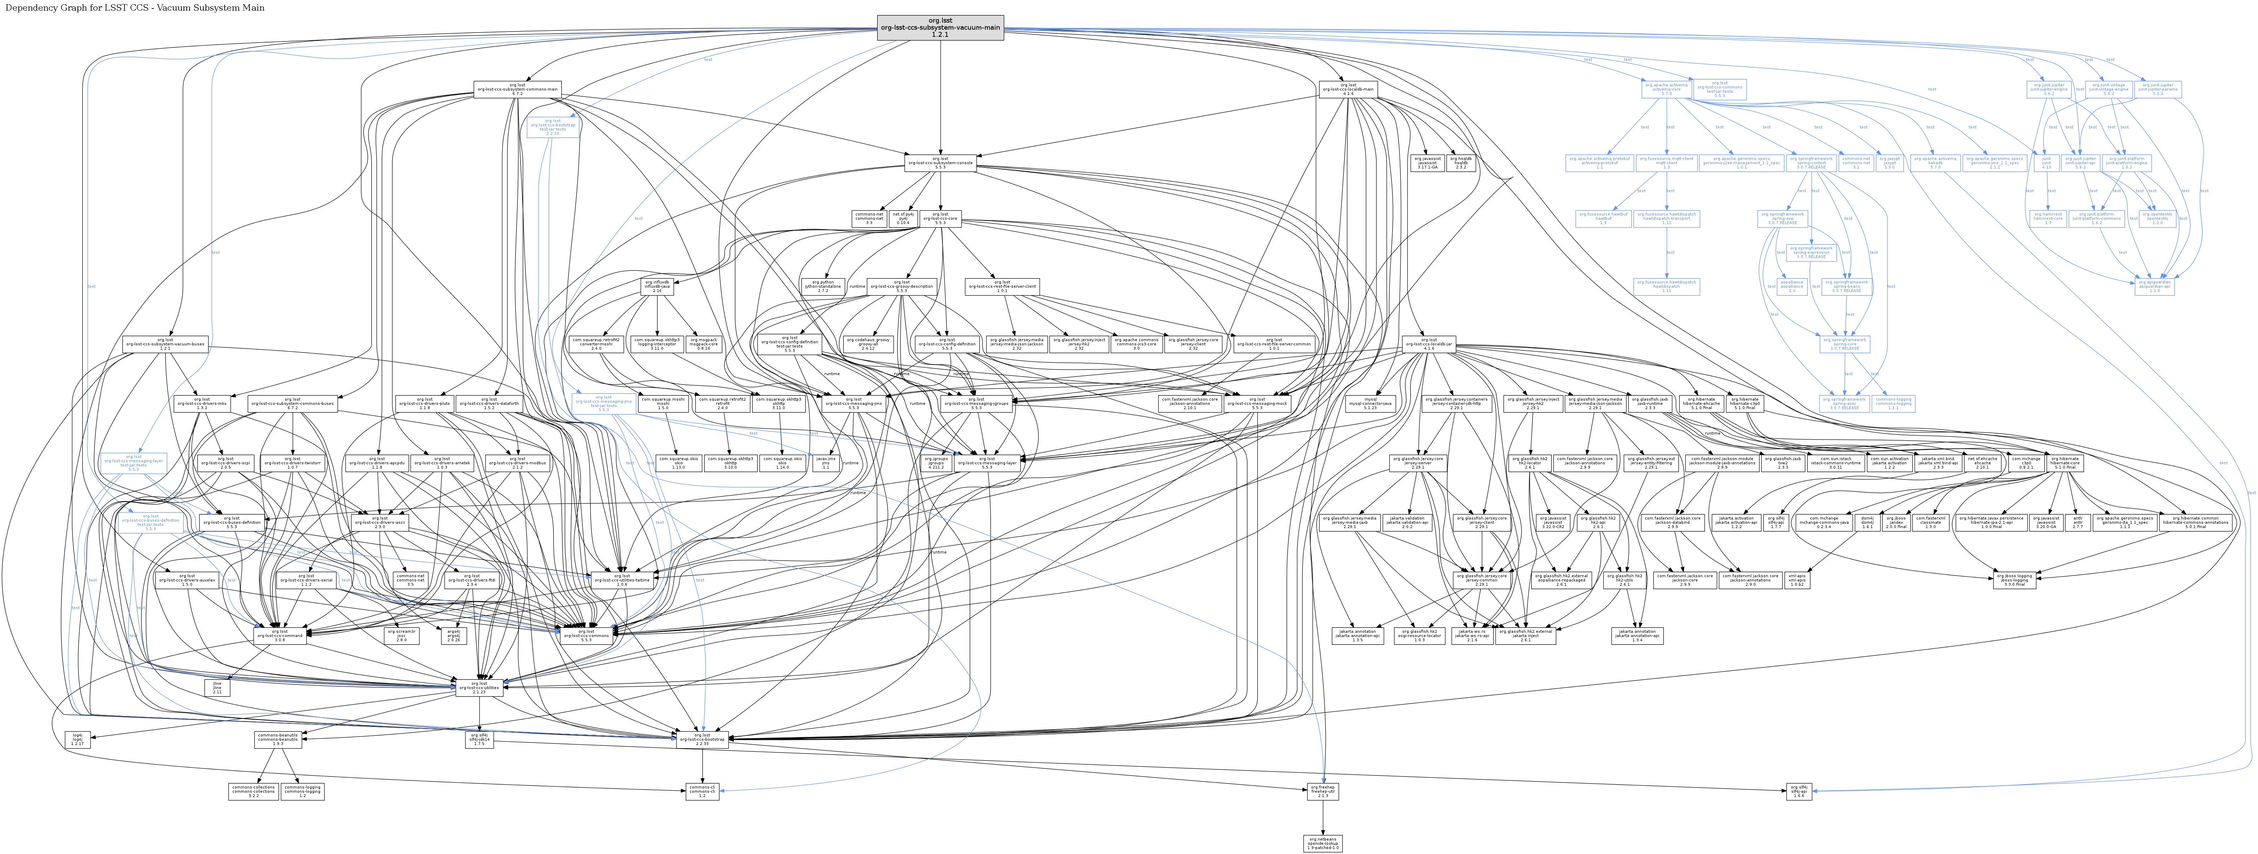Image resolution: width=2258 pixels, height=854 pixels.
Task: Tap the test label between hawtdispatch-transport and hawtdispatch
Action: tap(1670, 252)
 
